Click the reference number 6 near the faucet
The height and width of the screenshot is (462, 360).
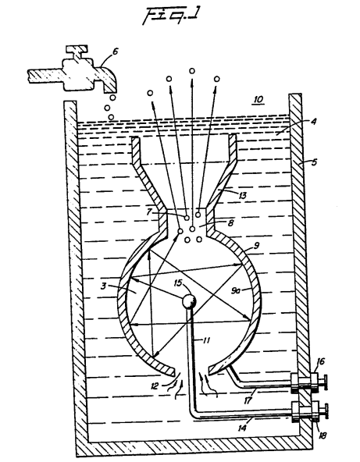click(115, 52)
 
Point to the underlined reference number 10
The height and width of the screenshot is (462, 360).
click(258, 99)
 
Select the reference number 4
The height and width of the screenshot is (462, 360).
click(313, 122)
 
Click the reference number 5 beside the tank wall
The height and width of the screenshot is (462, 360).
click(314, 162)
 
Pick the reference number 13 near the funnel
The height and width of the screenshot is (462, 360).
click(242, 195)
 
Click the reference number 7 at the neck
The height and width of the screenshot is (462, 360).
click(149, 211)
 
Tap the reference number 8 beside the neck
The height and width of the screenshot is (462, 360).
click(230, 223)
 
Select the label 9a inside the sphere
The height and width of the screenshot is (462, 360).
click(235, 291)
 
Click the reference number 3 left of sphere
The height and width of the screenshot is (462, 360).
click(103, 286)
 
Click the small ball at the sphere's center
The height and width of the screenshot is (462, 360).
click(189, 301)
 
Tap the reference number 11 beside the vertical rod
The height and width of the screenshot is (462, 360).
click(206, 340)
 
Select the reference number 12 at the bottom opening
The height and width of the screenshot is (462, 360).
click(155, 386)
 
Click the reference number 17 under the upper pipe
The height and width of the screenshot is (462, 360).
click(248, 400)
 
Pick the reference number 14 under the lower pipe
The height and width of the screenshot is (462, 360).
click(242, 428)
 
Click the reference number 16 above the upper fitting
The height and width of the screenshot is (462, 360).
click(320, 361)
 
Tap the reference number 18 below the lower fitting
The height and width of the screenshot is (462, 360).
click(323, 435)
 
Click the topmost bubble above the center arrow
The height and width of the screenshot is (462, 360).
click(192, 71)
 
